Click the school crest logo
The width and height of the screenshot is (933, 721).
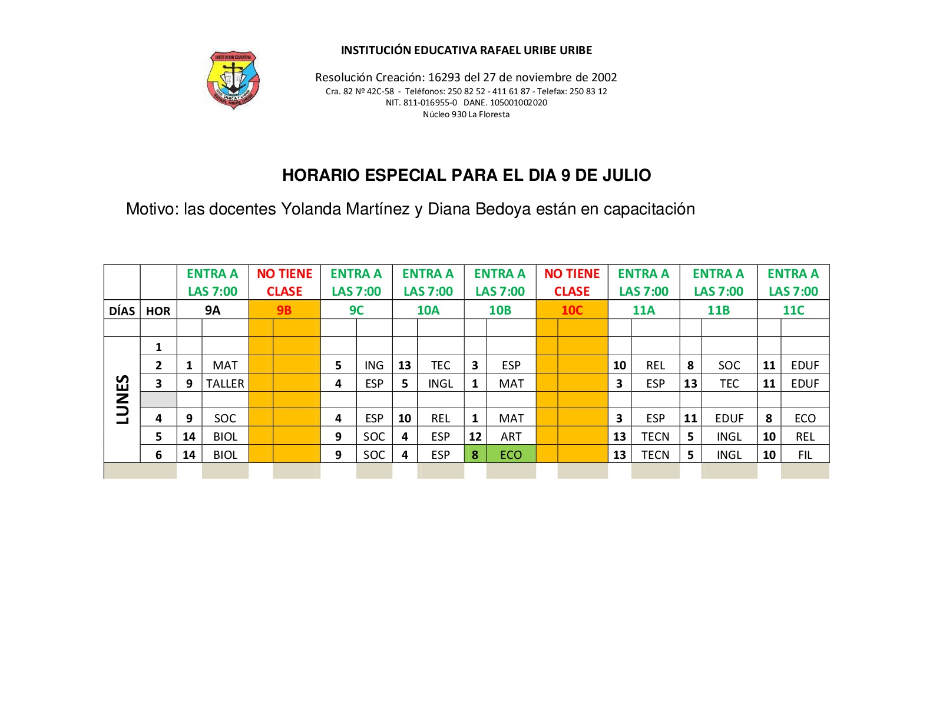coord(233,80)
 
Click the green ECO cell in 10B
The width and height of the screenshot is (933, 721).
coord(511,455)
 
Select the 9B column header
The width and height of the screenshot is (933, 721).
coord(284,310)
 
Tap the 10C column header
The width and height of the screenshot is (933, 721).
coord(571,310)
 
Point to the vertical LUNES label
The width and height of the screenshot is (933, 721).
coord(123,399)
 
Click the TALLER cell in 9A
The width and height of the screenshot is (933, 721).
coord(225,383)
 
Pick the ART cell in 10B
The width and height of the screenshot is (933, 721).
coord(511,436)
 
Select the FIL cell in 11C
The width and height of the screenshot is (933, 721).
coord(805,455)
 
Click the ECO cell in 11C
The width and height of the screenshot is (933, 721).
coord(805,418)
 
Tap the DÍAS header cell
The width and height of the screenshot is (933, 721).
coord(122,311)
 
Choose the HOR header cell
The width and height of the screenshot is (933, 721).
coord(158,311)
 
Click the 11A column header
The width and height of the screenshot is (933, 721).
coord(643,310)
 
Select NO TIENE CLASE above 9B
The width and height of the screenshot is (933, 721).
coord(284,282)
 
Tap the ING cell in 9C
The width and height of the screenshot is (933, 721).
coord(373,365)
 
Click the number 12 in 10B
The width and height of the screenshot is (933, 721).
coord(475,436)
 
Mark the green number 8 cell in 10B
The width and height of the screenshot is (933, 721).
coord(475,455)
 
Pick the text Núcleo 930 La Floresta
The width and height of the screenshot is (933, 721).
coord(466,114)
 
